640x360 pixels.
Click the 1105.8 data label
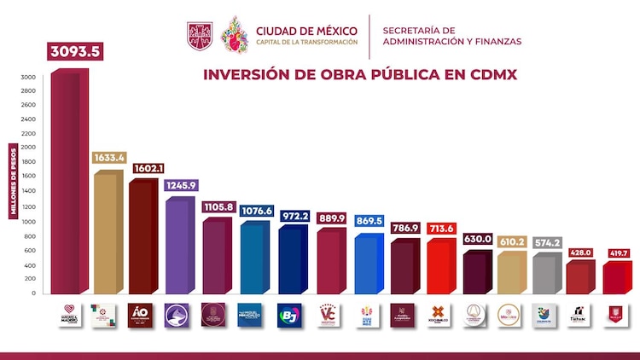(x=218, y=207)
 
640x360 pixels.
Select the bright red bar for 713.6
(x=441, y=267)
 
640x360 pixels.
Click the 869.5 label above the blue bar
(x=369, y=220)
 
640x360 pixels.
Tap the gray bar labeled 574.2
(x=547, y=274)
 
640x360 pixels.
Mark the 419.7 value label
(x=620, y=253)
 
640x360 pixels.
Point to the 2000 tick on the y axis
(x=29, y=148)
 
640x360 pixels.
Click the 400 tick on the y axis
(x=29, y=264)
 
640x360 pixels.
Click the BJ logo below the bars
(x=292, y=314)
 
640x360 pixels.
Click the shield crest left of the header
(x=200, y=35)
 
